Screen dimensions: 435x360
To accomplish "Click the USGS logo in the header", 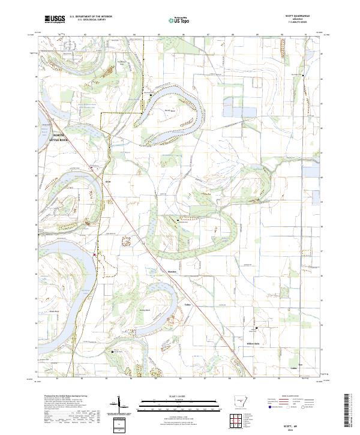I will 55,19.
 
